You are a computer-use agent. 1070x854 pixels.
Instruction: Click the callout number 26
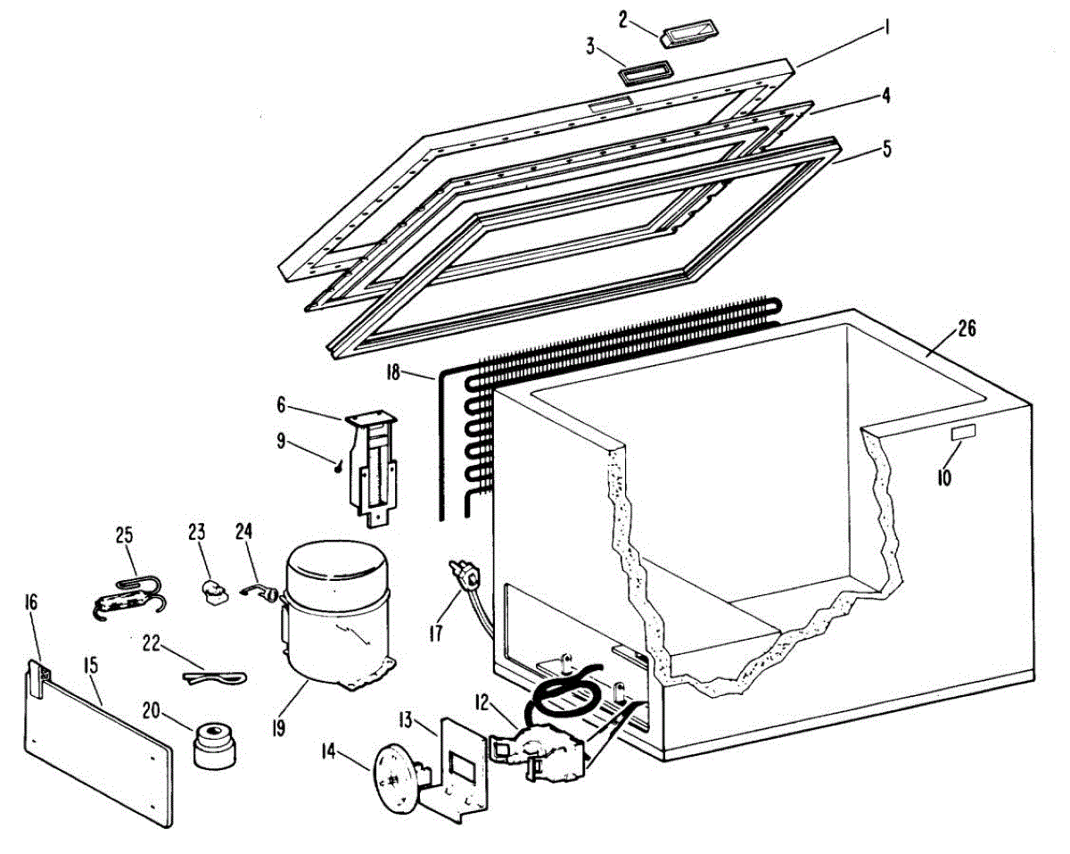(x=966, y=329)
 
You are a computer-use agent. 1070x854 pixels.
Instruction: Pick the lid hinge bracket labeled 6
(x=374, y=464)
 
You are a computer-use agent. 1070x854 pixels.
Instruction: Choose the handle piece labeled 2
(x=690, y=33)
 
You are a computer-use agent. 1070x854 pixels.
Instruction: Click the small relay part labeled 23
(x=211, y=592)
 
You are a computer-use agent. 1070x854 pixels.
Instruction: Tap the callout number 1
(x=887, y=29)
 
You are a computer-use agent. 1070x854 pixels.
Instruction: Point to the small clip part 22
(x=214, y=677)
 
